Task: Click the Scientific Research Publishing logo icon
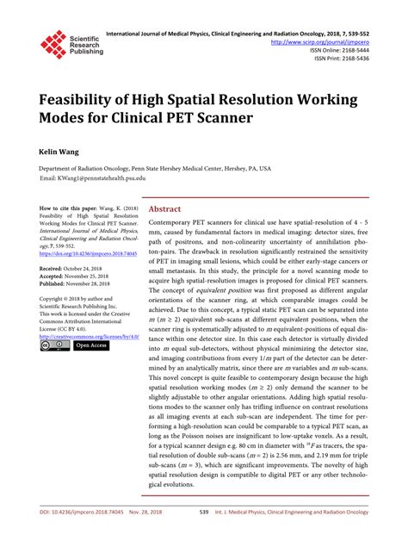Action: pyautogui.click(x=53, y=42)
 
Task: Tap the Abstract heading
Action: pyautogui.click(x=164, y=208)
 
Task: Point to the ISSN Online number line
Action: pyautogui.click(x=349, y=50)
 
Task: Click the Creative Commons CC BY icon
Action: pyautogui.click(x=55, y=345)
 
